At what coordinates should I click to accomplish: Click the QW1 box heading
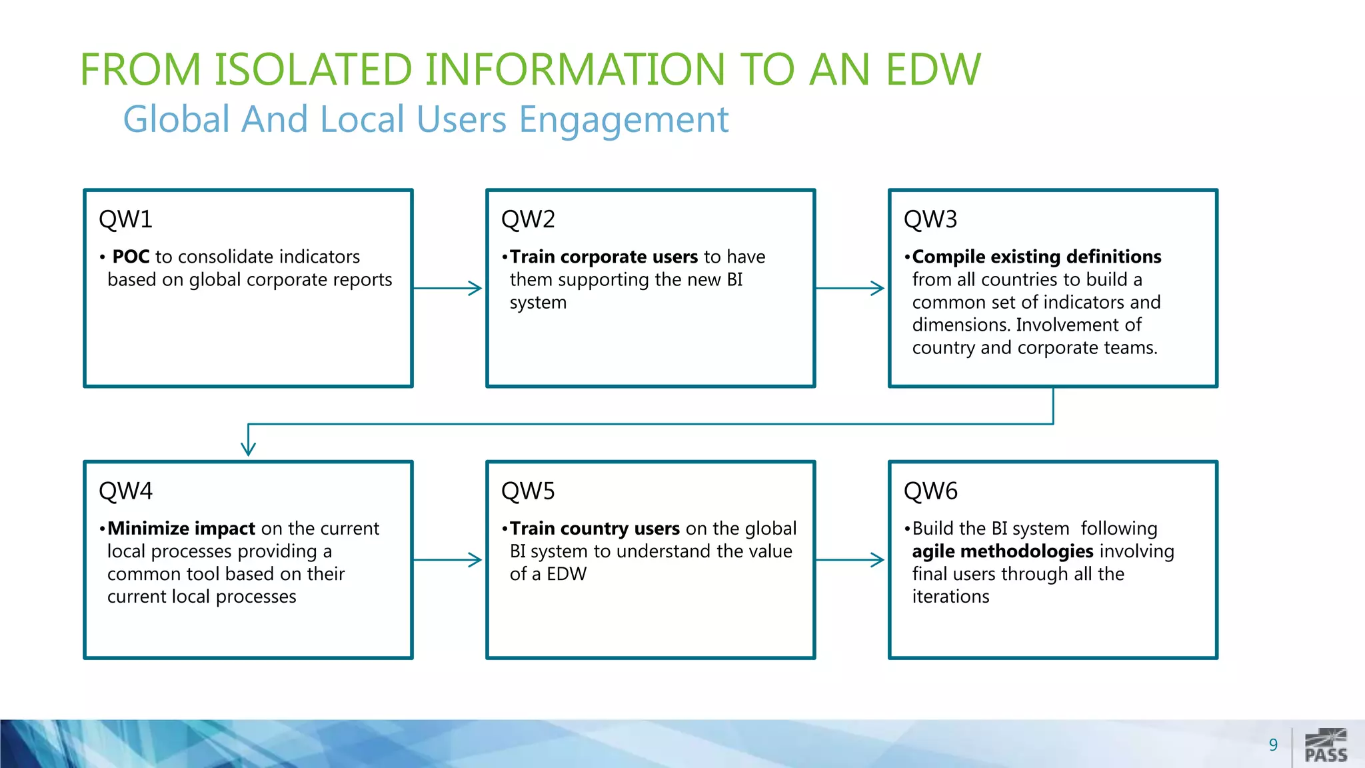point(125,219)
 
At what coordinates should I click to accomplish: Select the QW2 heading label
point(528,219)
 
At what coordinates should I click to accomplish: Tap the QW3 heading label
point(930,219)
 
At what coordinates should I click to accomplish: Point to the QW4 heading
point(125,491)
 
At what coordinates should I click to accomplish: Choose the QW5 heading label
point(528,491)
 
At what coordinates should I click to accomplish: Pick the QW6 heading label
point(930,491)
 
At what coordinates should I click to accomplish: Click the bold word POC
point(131,257)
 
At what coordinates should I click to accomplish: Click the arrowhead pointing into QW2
point(475,288)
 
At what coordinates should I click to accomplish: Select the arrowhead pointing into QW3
point(878,288)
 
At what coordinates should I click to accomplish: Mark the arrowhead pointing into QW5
point(475,560)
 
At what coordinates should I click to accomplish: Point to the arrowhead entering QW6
point(878,560)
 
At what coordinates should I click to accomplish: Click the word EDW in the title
point(933,69)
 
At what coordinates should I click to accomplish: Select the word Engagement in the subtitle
point(623,120)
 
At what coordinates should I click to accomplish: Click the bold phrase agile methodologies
point(1002,551)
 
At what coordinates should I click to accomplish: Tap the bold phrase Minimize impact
point(181,529)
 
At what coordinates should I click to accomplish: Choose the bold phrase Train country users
point(595,529)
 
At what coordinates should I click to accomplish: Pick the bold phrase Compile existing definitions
point(1036,257)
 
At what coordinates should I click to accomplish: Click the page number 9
point(1273,745)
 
